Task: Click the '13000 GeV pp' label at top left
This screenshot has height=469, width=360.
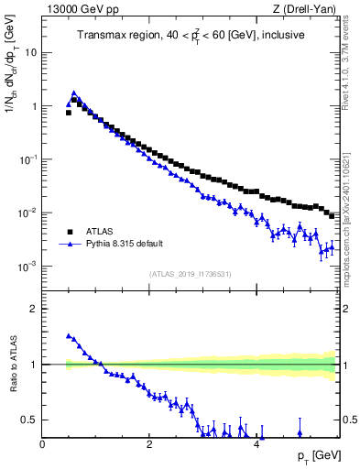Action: click(78, 10)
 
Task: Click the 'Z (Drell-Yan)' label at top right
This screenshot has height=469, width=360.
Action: click(304, 10)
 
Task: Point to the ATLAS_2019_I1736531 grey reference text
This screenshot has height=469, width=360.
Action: click(189, 275)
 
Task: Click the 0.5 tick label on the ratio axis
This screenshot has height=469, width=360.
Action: click(30, 420)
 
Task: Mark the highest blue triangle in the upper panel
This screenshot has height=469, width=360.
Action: click(73, 93)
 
